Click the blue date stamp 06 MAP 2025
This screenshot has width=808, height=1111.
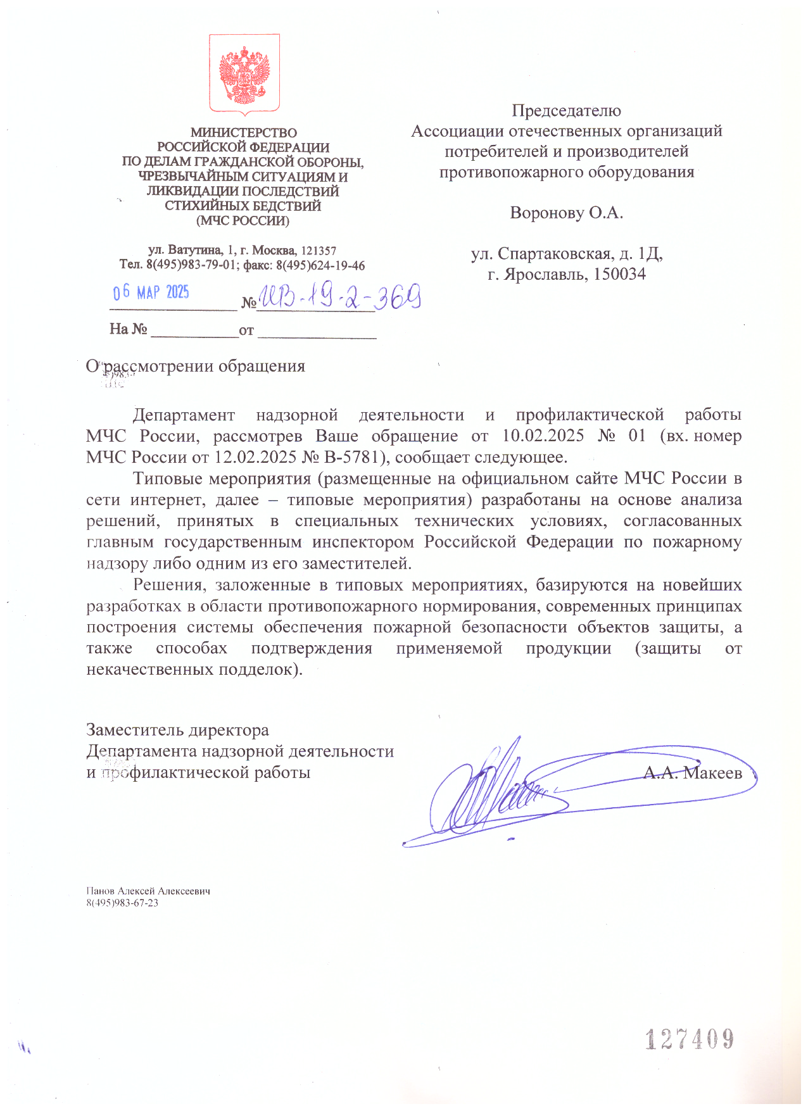(151, 292)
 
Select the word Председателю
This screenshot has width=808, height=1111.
(566, 111)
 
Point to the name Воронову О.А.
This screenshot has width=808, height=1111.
(566, 213)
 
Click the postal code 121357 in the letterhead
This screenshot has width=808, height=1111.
(319, 251)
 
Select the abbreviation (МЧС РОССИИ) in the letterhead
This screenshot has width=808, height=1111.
(243, 221)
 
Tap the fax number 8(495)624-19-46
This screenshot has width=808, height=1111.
(320, 265)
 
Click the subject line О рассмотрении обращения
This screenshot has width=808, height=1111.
(196, 367)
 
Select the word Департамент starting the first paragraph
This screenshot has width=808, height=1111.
(184, 415)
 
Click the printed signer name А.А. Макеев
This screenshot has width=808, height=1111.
(692, 772)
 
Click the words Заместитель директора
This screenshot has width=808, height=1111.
(177, 730)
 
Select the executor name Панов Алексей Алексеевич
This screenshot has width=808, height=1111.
(148, 891)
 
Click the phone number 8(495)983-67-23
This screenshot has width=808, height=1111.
(122, 903)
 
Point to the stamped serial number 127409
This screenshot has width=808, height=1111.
(690, 1039)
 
